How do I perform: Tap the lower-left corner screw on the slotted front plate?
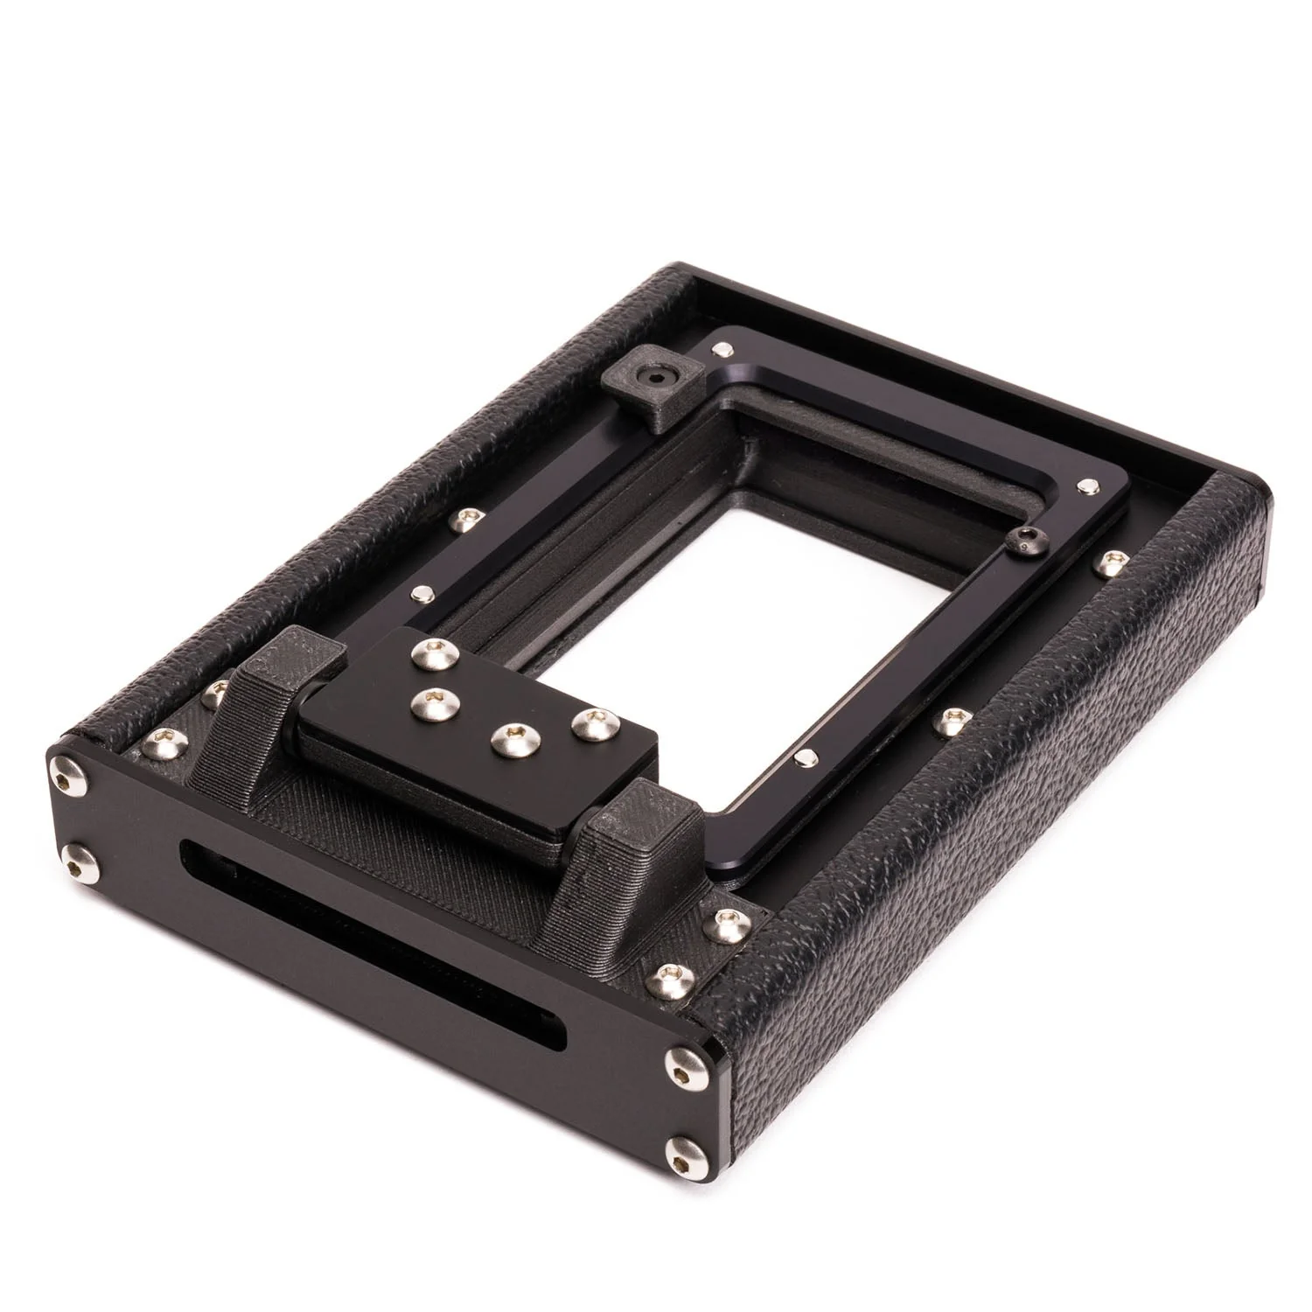click(x=79, y=862)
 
